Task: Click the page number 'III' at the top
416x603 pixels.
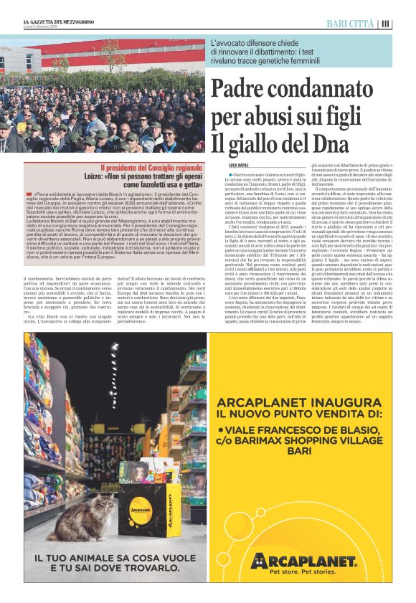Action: pyautogui.click(x=386, y=24)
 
